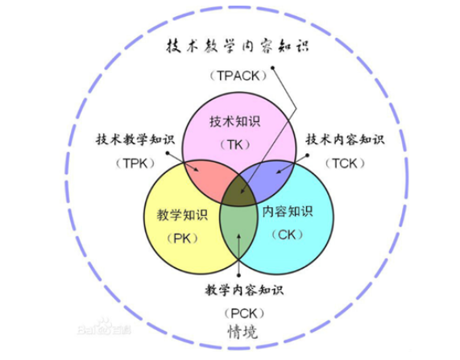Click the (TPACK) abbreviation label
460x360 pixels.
tap(238, 76)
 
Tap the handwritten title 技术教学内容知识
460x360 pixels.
tap(238, 47)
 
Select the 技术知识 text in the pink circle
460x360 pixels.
tap(234, 122)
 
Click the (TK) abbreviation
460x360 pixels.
tap(235, 145)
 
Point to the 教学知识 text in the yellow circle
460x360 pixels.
tap(182, 215)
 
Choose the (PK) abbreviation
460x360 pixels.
tap(182, 238)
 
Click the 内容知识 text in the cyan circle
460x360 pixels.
tap(288, 211)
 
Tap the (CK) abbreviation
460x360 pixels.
tap(288, 234)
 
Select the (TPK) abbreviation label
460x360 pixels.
tap(135, 163)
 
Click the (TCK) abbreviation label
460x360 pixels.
tap(345, 163)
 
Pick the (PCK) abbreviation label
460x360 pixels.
tap(244, 313)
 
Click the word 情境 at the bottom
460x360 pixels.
tap(242, 332)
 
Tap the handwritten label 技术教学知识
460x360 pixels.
tap(135, 139)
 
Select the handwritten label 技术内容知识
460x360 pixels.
tap(345, 139)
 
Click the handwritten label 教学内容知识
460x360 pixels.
tap(244, 290)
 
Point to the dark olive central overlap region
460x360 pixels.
tap(239, 192)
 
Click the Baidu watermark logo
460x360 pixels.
tap(105, 327)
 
